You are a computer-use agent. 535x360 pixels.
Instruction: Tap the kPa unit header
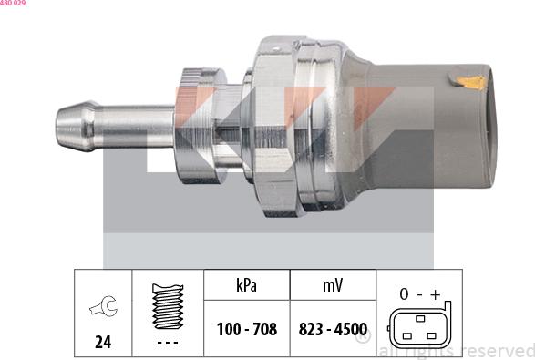click(246, 285)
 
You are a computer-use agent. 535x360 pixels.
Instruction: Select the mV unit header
click(332, 285)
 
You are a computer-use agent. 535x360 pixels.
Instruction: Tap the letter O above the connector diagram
click(403, 293)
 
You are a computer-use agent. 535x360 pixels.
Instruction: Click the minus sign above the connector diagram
click(420, 293)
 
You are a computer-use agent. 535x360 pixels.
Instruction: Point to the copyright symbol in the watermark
click(363, 339)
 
